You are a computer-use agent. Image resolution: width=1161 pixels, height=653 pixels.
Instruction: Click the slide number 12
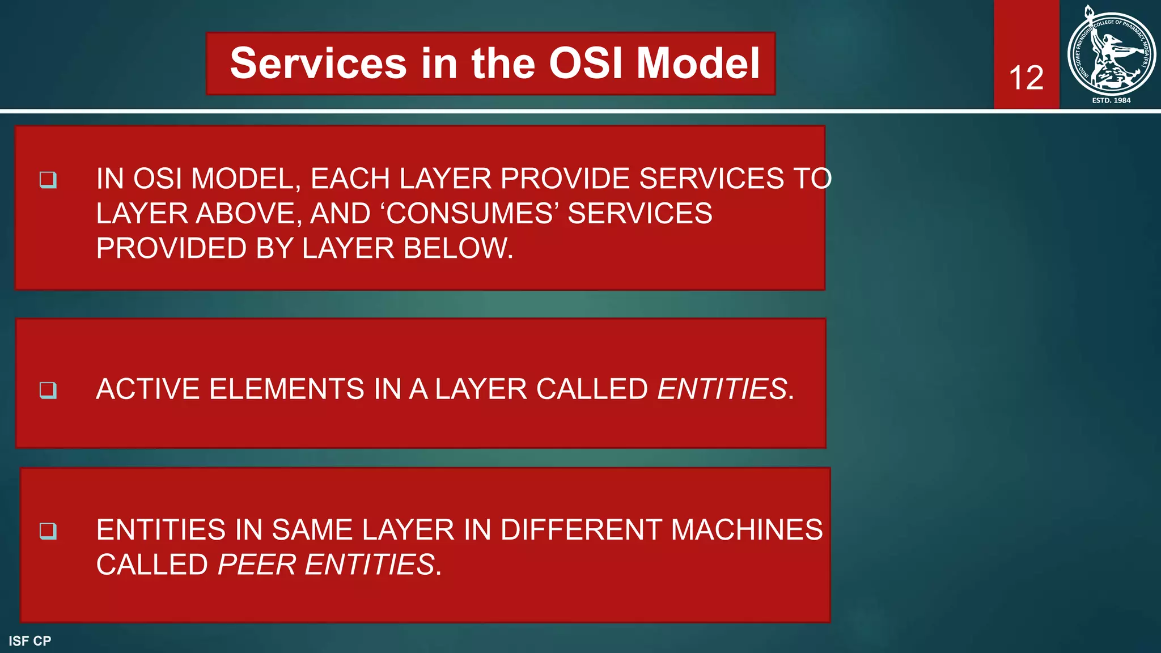(x=1026, y=78)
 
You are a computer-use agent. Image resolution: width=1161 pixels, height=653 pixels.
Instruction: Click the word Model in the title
(x=698, y=63)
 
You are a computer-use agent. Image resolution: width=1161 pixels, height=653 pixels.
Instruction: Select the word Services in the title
(x=318, y=63)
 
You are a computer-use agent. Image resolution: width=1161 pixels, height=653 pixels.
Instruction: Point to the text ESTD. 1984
(x=1111, y=100)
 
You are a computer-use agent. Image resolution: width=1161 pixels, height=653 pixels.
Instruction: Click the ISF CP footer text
(x=29, y=641)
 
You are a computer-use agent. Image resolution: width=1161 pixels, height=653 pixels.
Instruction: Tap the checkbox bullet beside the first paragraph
(x=48, y=180)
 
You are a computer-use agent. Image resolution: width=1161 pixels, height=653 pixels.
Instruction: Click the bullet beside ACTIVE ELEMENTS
(x=48, y=390)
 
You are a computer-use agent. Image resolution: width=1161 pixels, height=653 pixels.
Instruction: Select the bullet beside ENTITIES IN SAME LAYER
(x=48, y=531)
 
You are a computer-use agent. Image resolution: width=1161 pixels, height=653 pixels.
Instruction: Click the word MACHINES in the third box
(x=747, y=530)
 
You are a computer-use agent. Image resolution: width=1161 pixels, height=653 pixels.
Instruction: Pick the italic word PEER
(x=257, y=565)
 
